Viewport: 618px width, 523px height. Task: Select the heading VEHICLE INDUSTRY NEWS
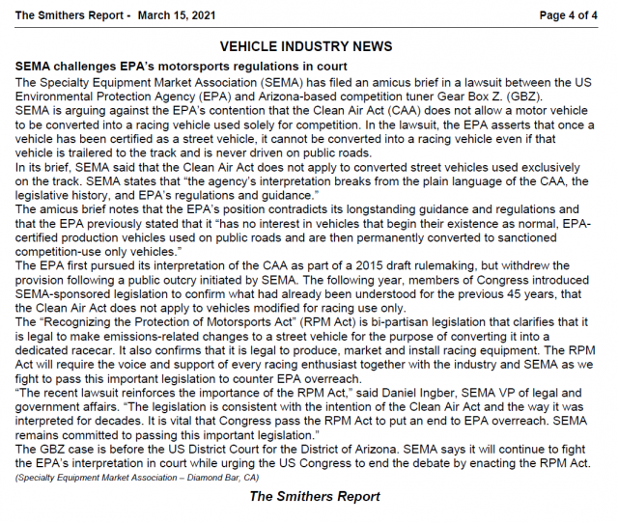[x=306, y=46]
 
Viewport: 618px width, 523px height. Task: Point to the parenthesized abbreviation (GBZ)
[x=522, y=96]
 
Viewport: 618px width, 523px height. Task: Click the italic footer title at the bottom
[x=314, y=497]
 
